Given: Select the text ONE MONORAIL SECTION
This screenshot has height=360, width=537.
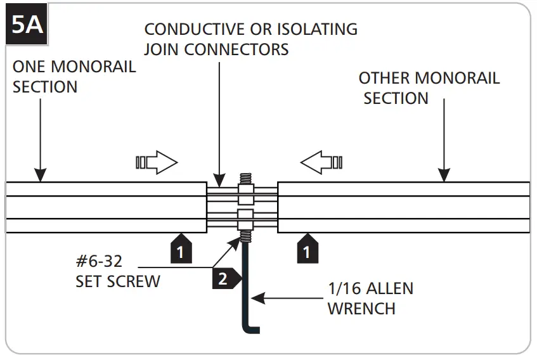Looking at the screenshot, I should click(x=74, y=77).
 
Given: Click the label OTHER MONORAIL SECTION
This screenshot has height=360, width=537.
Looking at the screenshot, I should click(x=429, y=88).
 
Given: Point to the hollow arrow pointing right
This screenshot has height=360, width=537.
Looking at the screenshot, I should click(x=156, y=163).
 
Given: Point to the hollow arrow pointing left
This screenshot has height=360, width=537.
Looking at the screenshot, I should click(x=321, y=163).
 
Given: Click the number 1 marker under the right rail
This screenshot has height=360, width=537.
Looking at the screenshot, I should click(x=308, y=250).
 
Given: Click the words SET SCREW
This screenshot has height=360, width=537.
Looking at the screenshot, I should click(x=117, y=281).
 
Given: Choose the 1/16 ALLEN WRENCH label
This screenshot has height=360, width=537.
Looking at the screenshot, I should click(x=370, y=298).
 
